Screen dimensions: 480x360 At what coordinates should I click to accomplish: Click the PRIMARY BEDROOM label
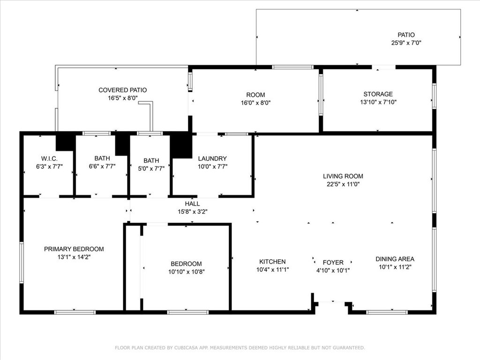[74, 249]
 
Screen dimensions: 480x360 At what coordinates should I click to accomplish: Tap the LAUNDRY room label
[212, 158]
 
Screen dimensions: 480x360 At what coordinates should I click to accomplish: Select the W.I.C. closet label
[49, 158]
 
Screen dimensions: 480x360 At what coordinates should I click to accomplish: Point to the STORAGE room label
[378, 94]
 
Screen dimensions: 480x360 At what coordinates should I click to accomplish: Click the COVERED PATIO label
[122, 90]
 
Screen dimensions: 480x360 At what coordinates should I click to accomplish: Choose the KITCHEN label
[272, 262]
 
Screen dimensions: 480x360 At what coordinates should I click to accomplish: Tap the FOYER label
[333, 262]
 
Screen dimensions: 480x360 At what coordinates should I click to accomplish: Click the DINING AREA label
[395, 259]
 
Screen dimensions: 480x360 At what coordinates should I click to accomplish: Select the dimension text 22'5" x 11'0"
[343, 184]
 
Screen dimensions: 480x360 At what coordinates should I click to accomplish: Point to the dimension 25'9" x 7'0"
[406, 43]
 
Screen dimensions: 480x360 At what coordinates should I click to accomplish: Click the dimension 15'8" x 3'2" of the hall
[193, 211]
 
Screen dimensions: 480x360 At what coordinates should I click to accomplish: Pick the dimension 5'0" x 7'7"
[151, 169]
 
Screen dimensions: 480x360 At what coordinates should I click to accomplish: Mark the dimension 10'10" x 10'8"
[187, 271]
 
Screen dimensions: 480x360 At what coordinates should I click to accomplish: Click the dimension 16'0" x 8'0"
[255, 103]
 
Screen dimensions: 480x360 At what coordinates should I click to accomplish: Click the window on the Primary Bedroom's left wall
[22, 262]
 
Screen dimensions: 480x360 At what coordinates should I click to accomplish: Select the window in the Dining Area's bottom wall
[387, 312]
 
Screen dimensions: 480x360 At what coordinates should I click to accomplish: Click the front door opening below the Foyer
[332, 302]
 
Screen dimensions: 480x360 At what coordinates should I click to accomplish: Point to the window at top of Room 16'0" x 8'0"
[292, 67]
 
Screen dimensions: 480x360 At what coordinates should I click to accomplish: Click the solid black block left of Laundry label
[181, 145]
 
